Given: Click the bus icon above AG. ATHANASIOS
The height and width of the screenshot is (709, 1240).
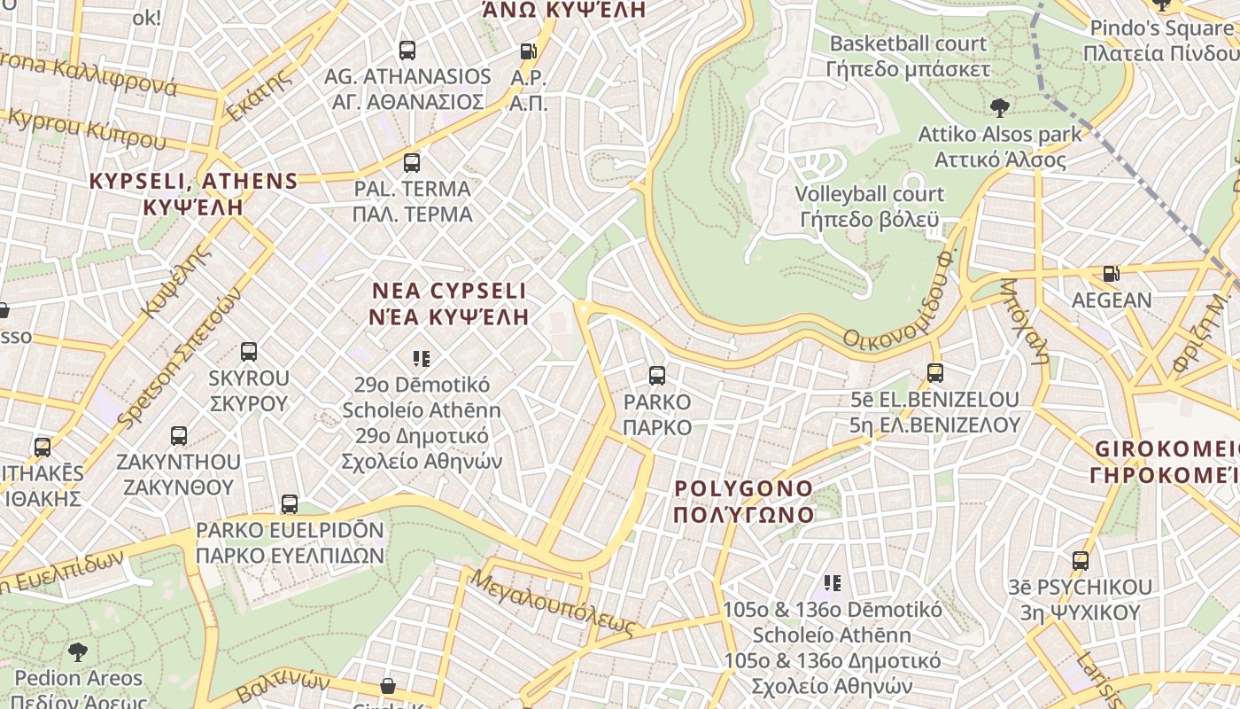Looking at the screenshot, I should (x=407, y=51).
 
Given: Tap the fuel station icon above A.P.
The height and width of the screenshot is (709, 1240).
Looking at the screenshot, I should (x=529, y=52).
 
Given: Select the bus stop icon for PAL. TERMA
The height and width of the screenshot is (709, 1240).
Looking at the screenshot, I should (x=412, y=163).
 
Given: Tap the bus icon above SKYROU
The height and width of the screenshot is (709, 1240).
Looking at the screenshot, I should (x=249, y=352).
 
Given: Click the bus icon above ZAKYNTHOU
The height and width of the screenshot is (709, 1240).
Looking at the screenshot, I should (x=179, y=436).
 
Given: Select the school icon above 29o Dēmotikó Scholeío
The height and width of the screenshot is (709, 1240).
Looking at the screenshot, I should (x=422, y=359).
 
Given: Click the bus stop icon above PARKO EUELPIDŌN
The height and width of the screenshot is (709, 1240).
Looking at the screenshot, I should (x=290, y=504).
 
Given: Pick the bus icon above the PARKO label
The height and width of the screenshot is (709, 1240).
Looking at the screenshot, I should (x=657, y=376).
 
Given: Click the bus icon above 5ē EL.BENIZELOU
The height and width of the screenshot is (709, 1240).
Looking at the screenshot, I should (x=935, y=373).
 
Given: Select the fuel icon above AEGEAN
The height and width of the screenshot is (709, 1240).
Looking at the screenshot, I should (x=1112, y=274).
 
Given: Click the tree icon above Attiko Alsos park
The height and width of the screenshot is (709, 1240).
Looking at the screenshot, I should (x=1000, y=108).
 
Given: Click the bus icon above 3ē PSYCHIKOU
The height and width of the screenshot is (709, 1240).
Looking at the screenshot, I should (x=1081, y=561).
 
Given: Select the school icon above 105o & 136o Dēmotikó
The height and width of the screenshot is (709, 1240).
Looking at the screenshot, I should (x=833, y=583).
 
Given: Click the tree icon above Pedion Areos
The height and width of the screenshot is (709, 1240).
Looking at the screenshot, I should (x=78, y=652).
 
